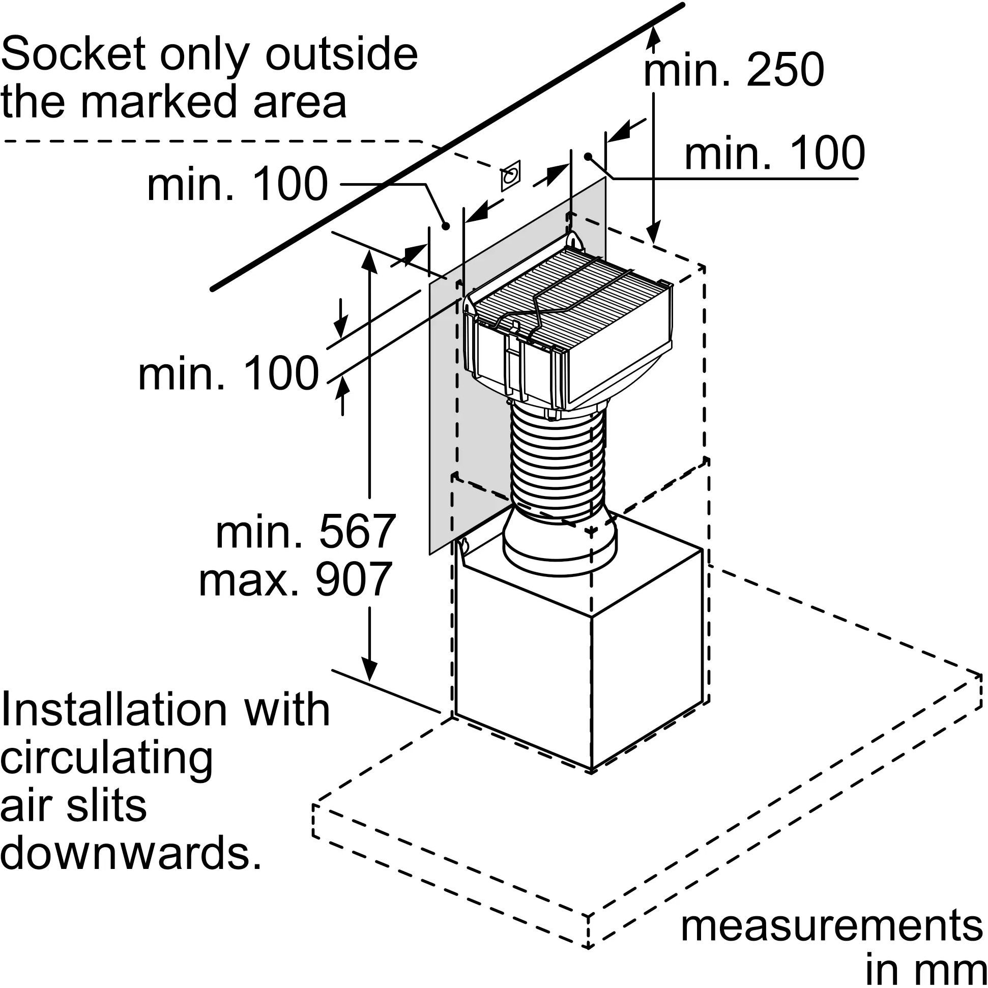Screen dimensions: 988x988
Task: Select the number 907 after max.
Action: point(354,579)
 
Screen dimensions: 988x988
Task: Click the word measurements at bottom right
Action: point(831,926)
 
